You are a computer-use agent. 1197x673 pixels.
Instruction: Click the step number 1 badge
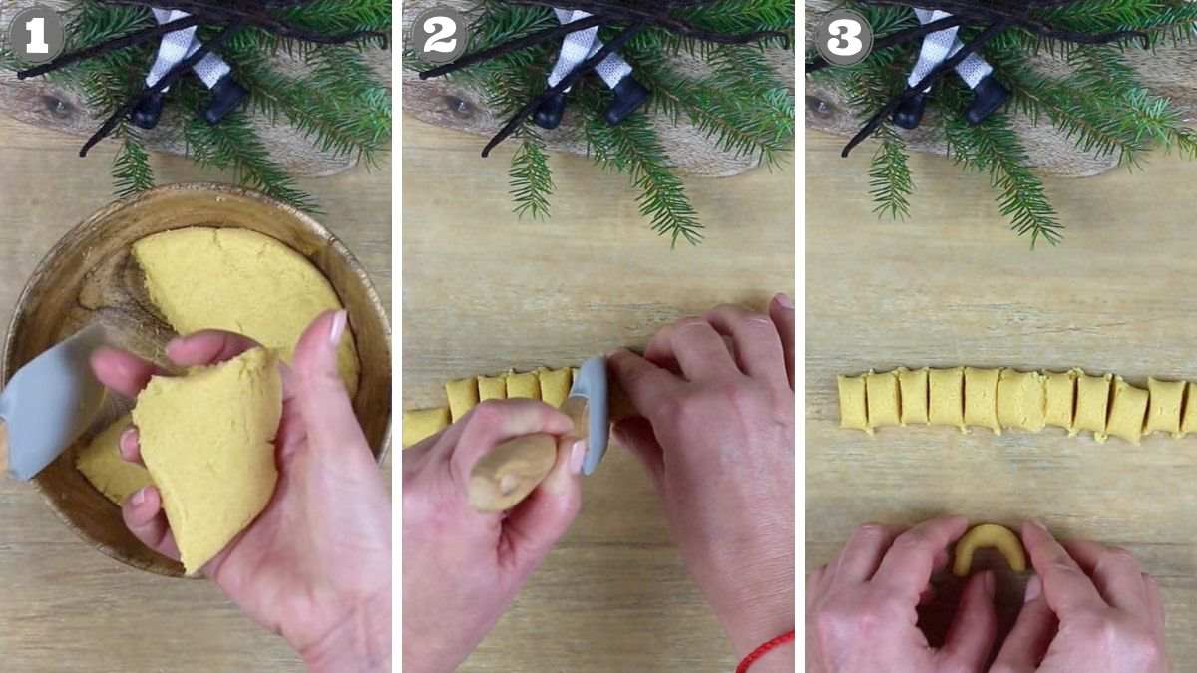36,37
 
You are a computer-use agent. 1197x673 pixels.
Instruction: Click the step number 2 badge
439,37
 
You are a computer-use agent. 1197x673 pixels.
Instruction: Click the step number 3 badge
843,37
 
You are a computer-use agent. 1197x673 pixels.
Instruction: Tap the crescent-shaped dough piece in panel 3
988,545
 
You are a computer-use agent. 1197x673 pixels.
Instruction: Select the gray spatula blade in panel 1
45,399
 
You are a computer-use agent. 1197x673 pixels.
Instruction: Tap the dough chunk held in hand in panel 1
209,449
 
